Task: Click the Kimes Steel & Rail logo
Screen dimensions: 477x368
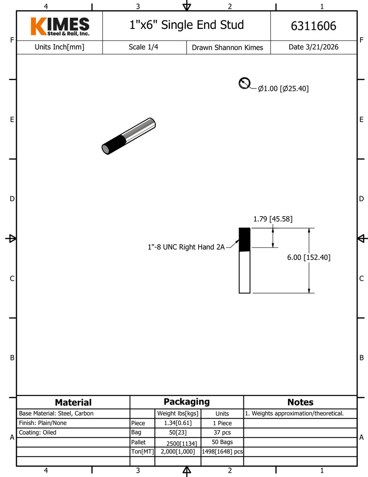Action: coord(60,27)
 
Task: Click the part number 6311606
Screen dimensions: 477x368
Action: coord(313,26)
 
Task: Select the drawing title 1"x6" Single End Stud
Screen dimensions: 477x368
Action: coord(186,25)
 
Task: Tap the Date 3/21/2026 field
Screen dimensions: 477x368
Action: coord(313,47)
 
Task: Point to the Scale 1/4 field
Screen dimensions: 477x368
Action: coord(143,47)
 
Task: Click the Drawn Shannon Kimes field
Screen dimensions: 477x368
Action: coord(227,48)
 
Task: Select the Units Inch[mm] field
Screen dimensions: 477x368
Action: coord(59,47)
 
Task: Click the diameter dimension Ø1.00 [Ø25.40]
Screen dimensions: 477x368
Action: coord(283,89)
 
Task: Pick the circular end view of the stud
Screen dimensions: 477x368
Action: coord(244,83)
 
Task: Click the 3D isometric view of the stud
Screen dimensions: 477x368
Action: coord(129,136)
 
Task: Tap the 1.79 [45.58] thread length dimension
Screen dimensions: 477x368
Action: coord(273,219)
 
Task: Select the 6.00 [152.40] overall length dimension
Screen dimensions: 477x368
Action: coord(308,257)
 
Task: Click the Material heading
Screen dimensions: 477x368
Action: coord(73,402)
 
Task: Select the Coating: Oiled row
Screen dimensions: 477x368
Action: coord(38,432)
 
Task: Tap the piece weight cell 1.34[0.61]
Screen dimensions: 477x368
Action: coord(178,423)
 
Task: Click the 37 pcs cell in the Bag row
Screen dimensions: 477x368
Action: coord(222,432)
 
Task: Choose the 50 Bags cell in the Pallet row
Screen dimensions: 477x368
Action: coord(222,442)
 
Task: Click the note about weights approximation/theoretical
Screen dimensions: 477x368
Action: coord(294,413)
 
